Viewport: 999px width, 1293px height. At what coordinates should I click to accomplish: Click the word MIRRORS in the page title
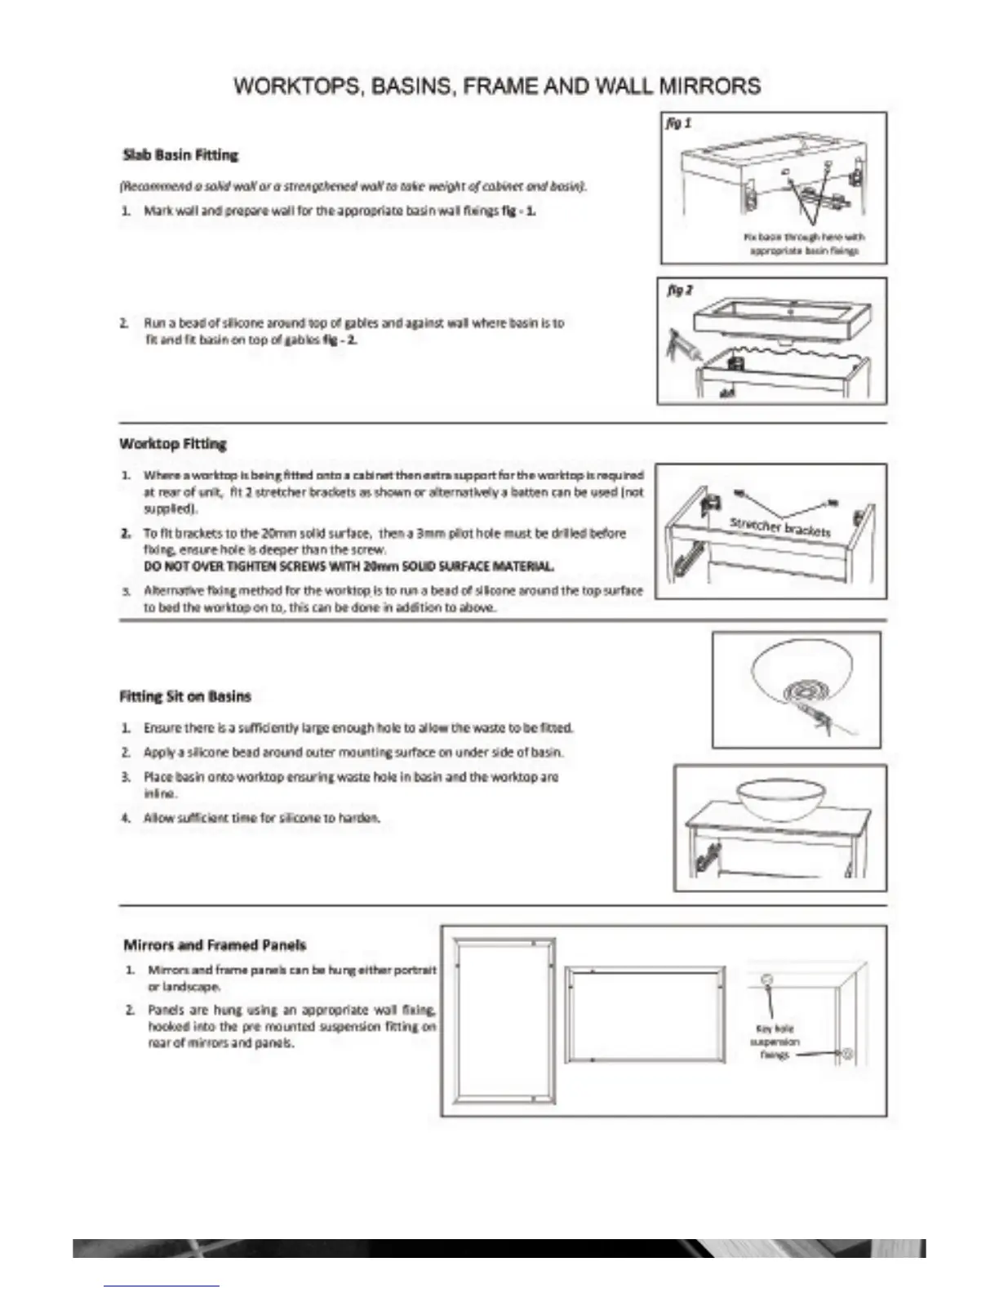710,87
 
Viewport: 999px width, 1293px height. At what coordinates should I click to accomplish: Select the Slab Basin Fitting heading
180,154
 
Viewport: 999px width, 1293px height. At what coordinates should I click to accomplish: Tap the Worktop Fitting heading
173,444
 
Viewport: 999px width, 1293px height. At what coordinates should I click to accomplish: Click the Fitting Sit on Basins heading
185,696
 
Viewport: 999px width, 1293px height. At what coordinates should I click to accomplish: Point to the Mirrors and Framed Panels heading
215,945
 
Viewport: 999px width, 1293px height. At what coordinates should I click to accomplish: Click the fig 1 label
679,123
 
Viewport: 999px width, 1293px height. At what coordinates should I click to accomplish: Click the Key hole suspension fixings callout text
775,1042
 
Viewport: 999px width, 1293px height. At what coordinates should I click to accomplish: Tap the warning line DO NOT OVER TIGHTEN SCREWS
349,566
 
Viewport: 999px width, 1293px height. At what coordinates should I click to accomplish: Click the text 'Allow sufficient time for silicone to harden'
262,817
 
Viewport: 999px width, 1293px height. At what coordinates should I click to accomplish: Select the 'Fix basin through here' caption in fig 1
803,244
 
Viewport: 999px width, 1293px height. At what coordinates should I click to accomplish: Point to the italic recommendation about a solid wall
353,186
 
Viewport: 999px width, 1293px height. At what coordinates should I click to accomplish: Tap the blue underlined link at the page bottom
162,1286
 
